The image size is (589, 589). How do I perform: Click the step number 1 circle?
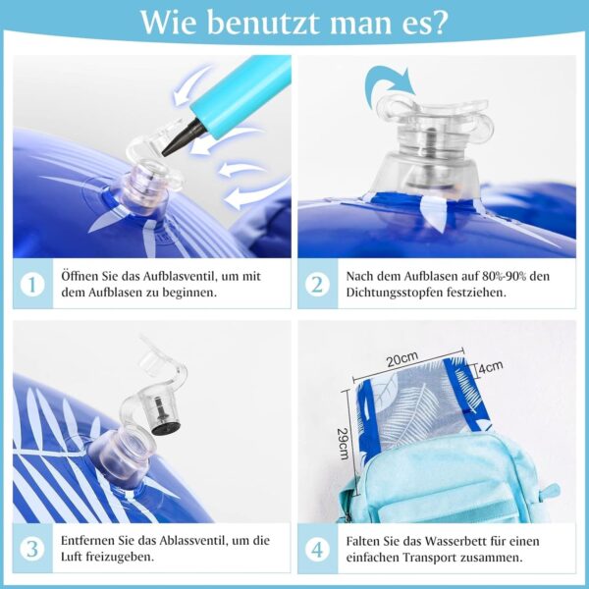32,284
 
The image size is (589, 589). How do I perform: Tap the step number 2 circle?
317,284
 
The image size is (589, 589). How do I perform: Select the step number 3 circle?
32,549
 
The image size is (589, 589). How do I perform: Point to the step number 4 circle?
317,549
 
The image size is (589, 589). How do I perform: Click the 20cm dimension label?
402,359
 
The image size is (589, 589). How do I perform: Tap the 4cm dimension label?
491,367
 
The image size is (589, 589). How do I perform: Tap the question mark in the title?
439,23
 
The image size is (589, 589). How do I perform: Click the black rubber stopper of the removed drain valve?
166,419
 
